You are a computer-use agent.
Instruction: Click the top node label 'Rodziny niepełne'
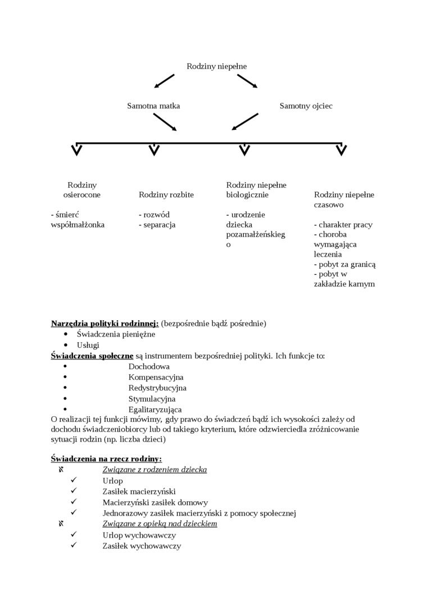tap(216, 66)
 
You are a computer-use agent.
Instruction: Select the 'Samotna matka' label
tap(153, 106)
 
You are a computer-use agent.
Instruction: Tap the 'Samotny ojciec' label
tap(306, 106)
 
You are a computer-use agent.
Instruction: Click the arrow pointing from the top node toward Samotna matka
tap(164, 81)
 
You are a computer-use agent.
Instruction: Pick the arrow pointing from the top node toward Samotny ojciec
tap(247, 81)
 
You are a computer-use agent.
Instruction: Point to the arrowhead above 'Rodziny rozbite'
tap(154, 150)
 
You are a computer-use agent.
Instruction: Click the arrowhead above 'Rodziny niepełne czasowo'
tap(340, 150)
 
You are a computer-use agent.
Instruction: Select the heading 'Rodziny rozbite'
tap(166, 195)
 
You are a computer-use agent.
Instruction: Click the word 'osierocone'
tap(81, 195)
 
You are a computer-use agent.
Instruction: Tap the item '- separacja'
tap(157, 225)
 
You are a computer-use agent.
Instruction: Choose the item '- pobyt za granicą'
tap(344, 264)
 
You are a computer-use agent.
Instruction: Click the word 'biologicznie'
tap(247, 195)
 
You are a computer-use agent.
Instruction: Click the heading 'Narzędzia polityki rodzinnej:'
tap(105, 324)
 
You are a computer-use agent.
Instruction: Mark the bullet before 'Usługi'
tap(66, 345)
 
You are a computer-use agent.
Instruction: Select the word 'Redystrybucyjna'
tap(157, 388)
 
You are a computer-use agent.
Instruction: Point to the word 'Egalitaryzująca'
tap(155, 410)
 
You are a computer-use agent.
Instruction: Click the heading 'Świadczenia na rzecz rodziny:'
tap(106, 459)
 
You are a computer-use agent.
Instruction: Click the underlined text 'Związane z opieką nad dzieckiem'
tap(160, 524)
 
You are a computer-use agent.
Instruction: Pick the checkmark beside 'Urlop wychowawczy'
tap(74, 535)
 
